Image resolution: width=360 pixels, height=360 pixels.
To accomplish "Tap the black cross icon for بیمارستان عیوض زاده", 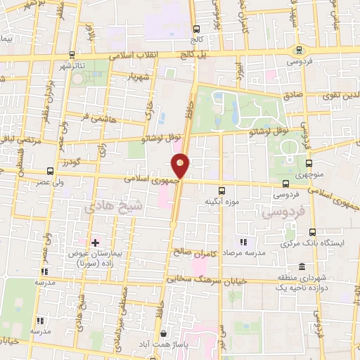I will (x=95, y=243).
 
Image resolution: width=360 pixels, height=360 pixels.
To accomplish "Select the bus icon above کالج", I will (x=196, y=29).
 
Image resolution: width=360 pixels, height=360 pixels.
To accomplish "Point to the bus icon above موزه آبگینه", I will (x=222, y=191).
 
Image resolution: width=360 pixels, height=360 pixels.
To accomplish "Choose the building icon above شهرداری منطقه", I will (x=302, y=267).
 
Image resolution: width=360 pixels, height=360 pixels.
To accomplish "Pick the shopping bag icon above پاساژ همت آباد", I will (x=164, y=333).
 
